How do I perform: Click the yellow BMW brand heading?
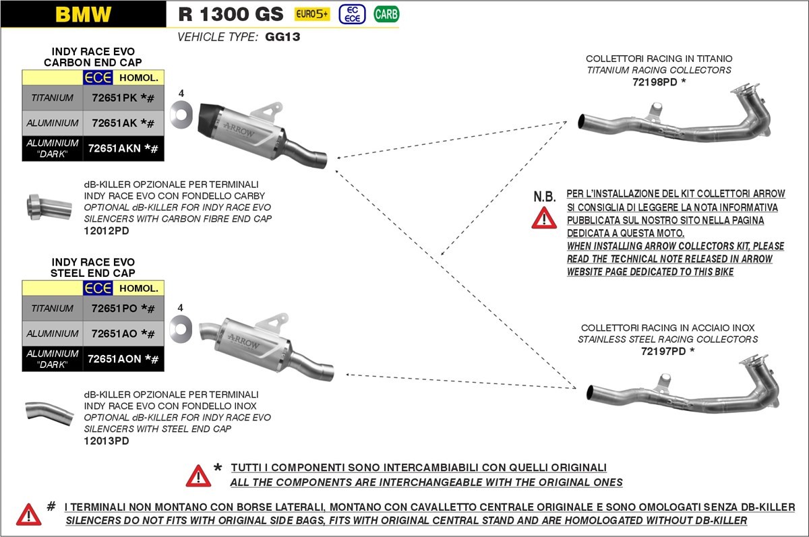[83, 14]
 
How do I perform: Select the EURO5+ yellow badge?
[312, 14]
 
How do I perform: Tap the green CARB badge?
[386, 14]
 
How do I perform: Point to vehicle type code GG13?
[283, 37]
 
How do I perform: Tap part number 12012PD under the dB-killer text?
[107, 231]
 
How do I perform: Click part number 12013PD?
[107, 441]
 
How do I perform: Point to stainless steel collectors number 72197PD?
[667, 351]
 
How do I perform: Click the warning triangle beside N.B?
[544, 217]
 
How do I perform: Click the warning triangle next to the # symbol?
[29, 514]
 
